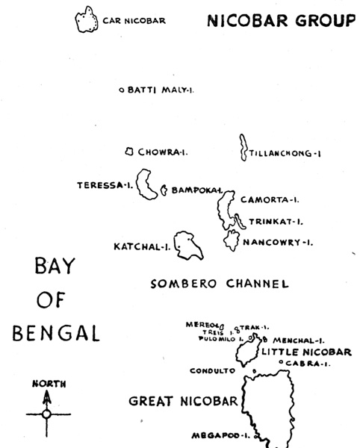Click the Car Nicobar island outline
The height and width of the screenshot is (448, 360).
point(87,20)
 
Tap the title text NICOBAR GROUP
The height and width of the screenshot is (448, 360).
point(281,20)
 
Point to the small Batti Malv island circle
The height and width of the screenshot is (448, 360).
point(122,91)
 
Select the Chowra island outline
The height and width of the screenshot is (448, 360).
point(129,152)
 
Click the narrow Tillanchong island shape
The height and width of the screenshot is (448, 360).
point(243,148)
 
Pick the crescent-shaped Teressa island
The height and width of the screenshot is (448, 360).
point(147,185)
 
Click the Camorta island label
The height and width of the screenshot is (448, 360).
point(270,199)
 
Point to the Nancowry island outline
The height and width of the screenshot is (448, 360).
point(231,240)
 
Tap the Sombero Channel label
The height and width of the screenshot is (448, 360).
point(219,284)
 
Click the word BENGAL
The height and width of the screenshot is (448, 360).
point(56,332)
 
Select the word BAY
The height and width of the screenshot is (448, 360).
point(56,267)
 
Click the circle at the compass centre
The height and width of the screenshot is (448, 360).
point(47,413)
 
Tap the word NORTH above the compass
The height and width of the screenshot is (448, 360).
point(49,384)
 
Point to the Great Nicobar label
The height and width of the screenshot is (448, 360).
point(183,401)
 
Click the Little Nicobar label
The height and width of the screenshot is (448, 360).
point(305,352)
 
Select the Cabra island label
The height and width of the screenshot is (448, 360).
point(308,364)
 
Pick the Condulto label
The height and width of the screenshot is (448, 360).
point(213,370)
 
